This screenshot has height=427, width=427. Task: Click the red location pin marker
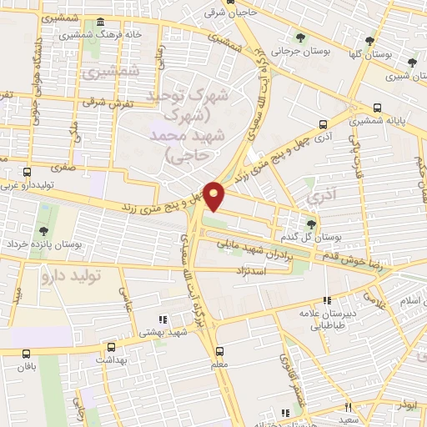coord(214,196)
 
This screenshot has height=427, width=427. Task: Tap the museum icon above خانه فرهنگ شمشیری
coord(100,22)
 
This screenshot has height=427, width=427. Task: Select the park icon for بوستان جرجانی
coord(300,38)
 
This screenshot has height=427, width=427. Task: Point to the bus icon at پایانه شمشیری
coord(379,108)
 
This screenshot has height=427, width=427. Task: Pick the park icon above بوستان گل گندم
coord(311,224)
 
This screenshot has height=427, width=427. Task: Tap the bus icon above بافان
coord(28,354)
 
